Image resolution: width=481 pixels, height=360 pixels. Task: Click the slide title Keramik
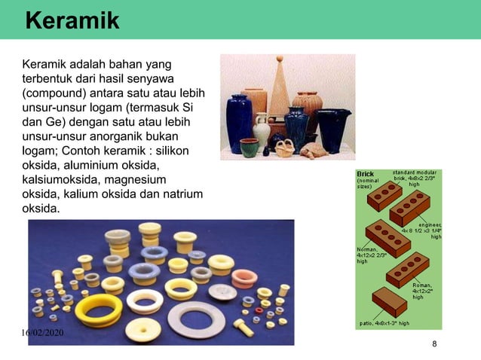click(x=72, y=20)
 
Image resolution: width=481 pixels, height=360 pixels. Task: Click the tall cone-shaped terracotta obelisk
click(x=279, y=87)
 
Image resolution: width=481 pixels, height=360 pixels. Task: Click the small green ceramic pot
click(x=249, y=147)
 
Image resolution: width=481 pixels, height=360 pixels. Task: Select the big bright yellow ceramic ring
click(x=98, y=310)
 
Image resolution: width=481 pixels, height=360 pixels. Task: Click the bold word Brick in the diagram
click(x=365, y=174)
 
